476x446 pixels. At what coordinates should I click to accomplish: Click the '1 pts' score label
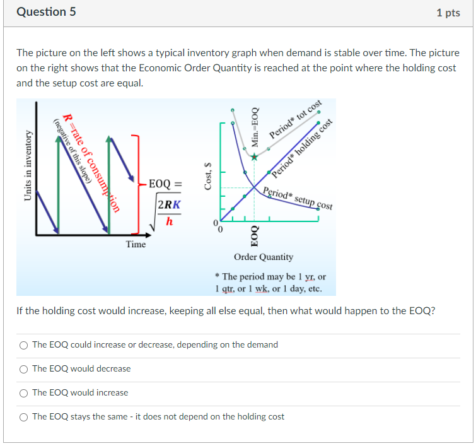tap(448, 13)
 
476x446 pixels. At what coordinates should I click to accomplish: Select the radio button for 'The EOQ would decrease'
tap(24, 368)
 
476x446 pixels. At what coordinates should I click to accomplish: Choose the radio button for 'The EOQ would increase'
tap(24, 392)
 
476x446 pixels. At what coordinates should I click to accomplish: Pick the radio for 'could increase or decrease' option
tap(24, 344)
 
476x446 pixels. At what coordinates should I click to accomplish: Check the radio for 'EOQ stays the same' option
tap(24, 416)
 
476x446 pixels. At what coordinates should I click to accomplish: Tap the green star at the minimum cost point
tap(254, 157)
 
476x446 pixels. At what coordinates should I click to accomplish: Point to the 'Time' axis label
tap(136, 244)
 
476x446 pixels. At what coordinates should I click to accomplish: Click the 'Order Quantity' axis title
tap(264, 257)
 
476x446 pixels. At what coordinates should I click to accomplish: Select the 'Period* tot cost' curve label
tap(296, 120)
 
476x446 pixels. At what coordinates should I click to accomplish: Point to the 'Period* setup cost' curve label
tap(298, 199)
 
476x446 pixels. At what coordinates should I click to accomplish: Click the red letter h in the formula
tap(169, 221)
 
